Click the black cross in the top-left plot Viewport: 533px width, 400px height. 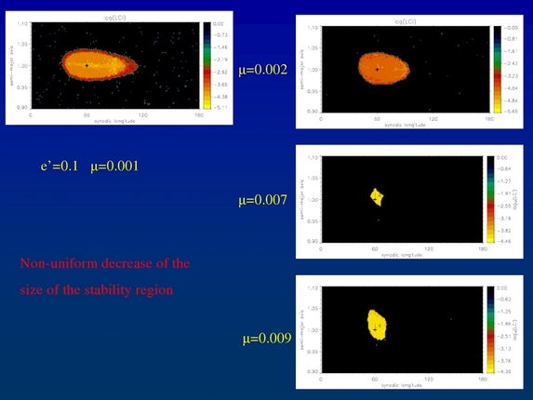(87, 65)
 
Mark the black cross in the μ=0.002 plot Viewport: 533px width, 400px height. (377, 70)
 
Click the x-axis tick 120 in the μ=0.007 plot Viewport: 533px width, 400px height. (428, 248)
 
